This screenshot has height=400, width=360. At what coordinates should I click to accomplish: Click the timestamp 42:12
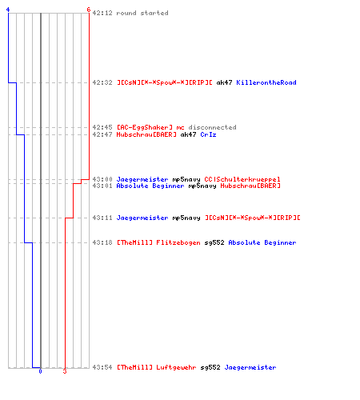(x=102, y=13)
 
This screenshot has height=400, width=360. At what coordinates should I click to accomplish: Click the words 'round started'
(x=142, y=13)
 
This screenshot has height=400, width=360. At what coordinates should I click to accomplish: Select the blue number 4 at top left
(x=8, y=10)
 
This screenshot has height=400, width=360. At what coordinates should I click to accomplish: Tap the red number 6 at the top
(x=89, y=10)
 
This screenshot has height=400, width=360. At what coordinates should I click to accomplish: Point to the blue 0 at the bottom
(x=40, y=371)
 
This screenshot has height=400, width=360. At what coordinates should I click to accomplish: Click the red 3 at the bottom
(x=65, y=371)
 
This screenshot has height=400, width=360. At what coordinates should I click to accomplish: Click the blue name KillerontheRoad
(x=266, y=82)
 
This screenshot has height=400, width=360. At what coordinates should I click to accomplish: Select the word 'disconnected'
(x=212, y=127)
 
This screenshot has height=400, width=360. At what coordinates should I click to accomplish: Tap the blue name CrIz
(x=208, y=134)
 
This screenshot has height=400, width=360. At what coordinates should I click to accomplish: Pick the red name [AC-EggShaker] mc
(x=150, y=127)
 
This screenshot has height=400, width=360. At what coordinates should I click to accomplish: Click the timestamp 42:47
(x=102, y=134)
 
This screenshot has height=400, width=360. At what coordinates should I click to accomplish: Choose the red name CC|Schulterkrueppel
(x=242, y=179)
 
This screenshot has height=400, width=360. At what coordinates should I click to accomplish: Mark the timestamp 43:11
(x=102, y=218)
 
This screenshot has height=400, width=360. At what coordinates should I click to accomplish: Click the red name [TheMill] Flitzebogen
(x=158, y=242)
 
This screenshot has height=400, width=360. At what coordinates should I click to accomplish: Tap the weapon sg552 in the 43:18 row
(x=214, y=242)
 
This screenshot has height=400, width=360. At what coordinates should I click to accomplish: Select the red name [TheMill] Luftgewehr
(x=157, y=367)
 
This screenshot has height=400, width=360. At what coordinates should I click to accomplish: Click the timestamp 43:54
(x=102, y=367)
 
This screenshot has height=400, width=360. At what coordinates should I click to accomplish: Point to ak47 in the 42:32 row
(x=224, y=82)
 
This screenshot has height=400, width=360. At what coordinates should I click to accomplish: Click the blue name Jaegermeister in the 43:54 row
(x=250, y=367)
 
